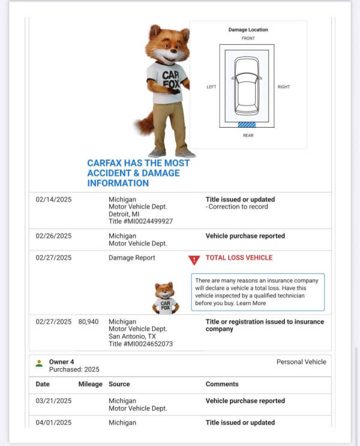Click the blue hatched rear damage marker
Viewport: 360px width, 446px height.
click(x=247, y=125)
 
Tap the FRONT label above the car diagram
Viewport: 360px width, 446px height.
click(x=248, y=38)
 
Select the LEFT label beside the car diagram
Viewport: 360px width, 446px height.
click(x=211, y=87)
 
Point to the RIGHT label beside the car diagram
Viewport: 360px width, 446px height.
click(x=284, y=87)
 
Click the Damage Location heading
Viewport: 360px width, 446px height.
click(x=248, y=29)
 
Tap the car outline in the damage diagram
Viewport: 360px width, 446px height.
click(x=247, y=85)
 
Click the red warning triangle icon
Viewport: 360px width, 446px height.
click(x=194, y=260)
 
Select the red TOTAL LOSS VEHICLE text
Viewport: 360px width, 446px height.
click(x=239, y=258)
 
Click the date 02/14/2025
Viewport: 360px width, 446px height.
click(x=53, y=200)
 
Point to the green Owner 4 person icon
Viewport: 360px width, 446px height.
click(x=39, y=363)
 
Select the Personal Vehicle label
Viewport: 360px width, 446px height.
click(x=301, y=362)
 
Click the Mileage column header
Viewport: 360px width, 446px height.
click(x=90, y=384)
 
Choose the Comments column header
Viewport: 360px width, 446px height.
click(x=222, y=384)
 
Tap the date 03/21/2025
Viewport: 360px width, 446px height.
click(x=53, y=401)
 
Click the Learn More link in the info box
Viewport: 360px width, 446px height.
click(x=251, y=303)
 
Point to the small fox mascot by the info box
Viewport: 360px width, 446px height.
click(x=165, y=298)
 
